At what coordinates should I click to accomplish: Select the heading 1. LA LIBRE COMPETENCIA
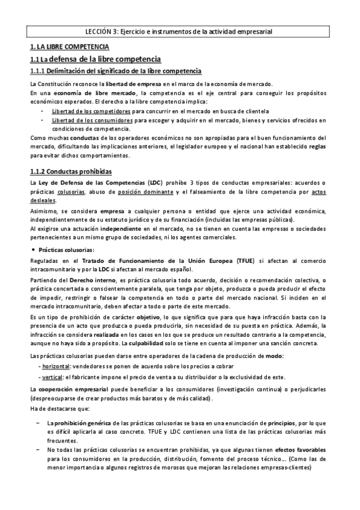[x=69, y=46]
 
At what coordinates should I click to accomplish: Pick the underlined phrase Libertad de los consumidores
[x=93, y=120]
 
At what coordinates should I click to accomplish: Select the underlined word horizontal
[x=53, y=366]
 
